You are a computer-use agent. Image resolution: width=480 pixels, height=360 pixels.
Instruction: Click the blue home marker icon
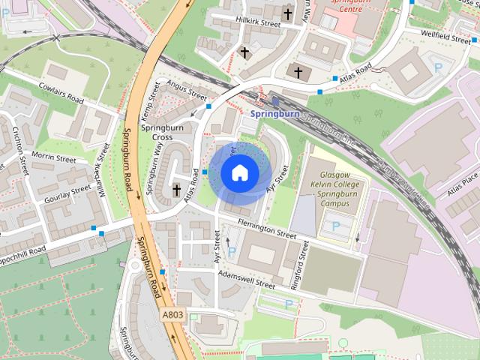tap(239, 172)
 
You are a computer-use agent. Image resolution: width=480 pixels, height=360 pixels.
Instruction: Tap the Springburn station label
tap(274, 114)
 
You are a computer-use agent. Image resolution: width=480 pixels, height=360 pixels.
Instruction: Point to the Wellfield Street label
tap(446, 34)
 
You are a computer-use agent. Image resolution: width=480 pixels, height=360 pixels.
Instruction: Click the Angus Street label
tap(186, 90)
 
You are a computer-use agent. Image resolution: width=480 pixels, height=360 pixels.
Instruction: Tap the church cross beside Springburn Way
tap(176, 190)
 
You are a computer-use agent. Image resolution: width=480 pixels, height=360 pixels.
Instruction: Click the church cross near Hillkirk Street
tap(288, 14)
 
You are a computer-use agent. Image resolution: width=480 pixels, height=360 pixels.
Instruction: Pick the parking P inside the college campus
tap(336, 226)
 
